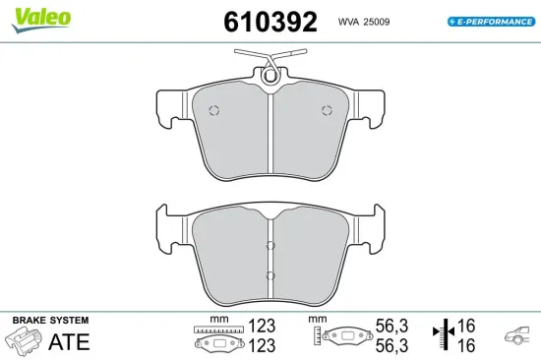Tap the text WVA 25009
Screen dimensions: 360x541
(366, 21)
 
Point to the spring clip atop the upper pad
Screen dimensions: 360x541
(270, 65)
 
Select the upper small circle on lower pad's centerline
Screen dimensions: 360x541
(270, 247)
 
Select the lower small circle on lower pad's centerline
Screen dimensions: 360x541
(270, 274)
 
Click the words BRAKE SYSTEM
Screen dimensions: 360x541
(49, 321)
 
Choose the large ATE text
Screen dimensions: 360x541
(70, 341)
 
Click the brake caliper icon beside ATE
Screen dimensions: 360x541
(25, 341)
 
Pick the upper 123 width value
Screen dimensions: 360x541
(261, 326)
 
